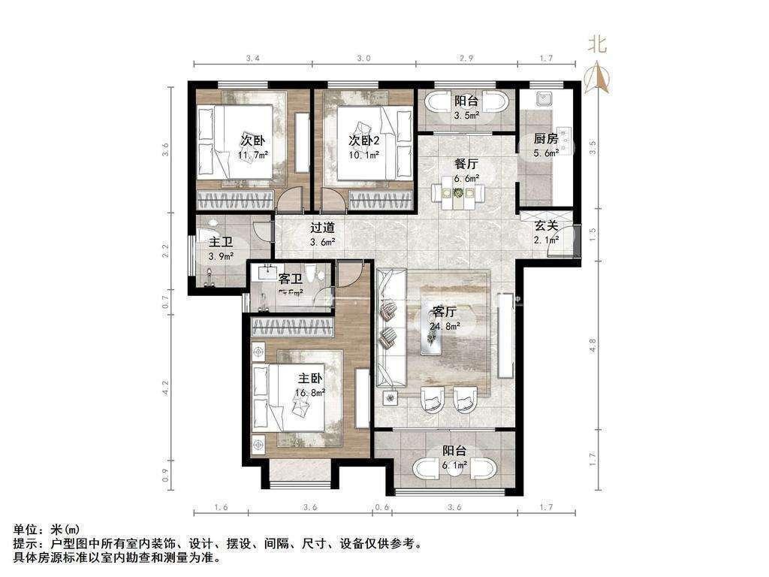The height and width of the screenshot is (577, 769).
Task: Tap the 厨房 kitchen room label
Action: click(x=545, y=139)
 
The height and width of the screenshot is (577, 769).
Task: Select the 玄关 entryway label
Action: click(x=546, y=225)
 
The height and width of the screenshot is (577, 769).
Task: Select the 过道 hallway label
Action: click(x=322, y=227)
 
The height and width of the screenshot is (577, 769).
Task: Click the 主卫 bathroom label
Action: click(x=220, y=242)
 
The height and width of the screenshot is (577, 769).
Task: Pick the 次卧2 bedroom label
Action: click(x=363, y=140)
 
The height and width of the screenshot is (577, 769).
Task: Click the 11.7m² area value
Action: click(x=253, y=156)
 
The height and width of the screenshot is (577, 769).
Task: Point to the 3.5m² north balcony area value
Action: click(x=465, y=116)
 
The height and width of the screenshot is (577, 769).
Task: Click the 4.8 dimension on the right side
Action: click(x=592, y=346)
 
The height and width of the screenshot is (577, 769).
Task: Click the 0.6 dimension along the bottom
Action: click(x=383, y=507)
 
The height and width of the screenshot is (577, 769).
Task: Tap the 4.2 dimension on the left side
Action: click(x=166, y=388)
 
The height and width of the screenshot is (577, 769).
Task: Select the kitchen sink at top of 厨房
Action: click(x=544, y=98)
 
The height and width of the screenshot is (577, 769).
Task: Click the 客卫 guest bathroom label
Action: click(x=290, y=279)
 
